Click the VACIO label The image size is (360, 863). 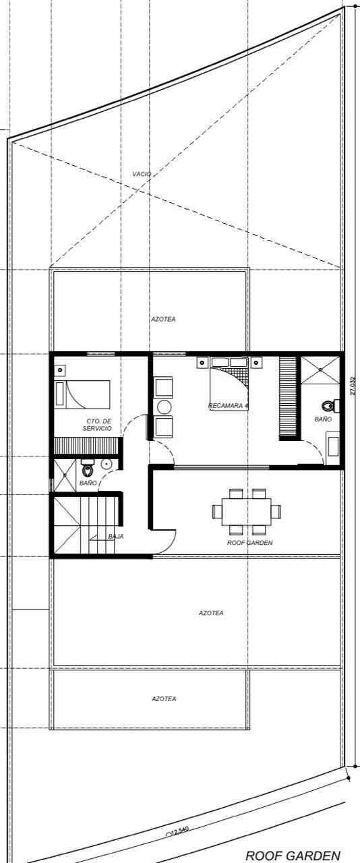[x=142, y=174]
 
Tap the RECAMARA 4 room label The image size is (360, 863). [x=229, y=406]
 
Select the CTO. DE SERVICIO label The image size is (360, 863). [x=98, y=425]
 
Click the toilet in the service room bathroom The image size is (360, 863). [x=88, y=468]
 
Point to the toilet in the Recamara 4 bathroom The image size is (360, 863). [x=328, y=406]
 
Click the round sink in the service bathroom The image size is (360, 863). [x=107, y=465]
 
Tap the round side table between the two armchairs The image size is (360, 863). [x=164, y=407]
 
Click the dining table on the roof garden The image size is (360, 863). [x=247, y=510]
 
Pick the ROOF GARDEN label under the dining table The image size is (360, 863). [x=250, y=541]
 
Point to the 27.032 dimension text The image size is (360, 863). [x=353, y=386]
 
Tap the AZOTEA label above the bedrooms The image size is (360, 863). [x=163, y=319]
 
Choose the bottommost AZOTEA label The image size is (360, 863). [x=164, y=699]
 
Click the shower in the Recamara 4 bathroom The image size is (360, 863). [x=320, y=369]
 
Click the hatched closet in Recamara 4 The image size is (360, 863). [x=289, y=398]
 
